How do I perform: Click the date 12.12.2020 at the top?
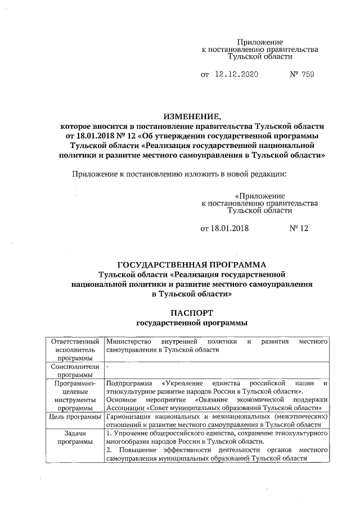(x=233, y=74)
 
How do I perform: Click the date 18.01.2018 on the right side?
(x=224, y=228)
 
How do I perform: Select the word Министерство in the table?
(x=128, y=341)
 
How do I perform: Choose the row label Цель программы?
(x=75, y=417)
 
